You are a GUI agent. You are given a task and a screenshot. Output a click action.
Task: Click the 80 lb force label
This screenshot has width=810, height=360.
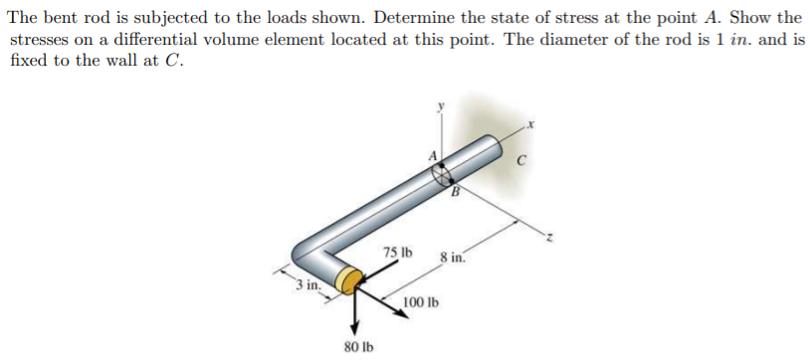(359, 347)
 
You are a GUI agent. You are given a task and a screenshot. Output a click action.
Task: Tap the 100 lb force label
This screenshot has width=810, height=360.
(422, 301)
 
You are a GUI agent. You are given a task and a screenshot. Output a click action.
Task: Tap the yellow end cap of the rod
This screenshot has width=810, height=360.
(348, 280)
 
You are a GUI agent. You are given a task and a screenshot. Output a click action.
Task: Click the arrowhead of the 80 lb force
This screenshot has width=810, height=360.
(352, 331)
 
